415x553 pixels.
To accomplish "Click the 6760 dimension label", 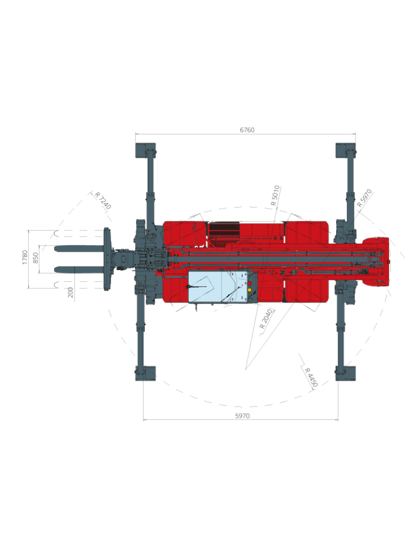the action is pos(247,130).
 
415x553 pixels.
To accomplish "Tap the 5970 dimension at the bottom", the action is pos(242,416).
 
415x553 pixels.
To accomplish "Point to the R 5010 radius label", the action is pos(275,195).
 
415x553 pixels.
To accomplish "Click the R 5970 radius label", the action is pos(365,198).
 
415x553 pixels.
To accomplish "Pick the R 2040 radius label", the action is pos(266,319).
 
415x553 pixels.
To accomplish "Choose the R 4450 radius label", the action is pos(311,377).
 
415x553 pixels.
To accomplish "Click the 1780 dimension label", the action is pos(25,257).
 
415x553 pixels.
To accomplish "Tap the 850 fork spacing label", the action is pos(35,258).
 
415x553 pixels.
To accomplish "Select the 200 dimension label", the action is pos(71,292).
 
